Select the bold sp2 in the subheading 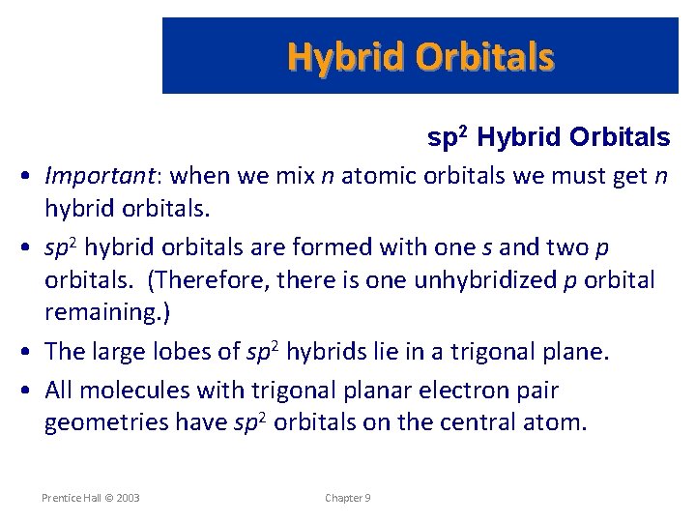pos(449,138)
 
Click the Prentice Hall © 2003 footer pos(91,498)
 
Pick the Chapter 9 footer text pos(348,498)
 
